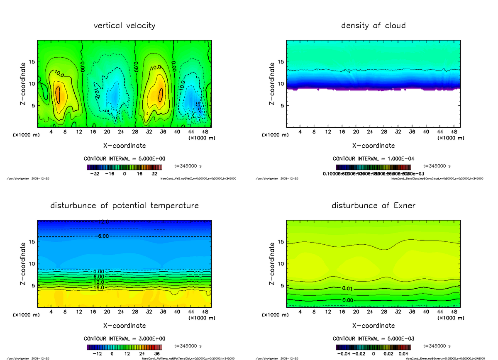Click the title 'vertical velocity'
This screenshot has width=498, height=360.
[124, 26]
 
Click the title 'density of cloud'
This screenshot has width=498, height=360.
[373, 26]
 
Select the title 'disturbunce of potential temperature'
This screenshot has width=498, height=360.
[124, 206]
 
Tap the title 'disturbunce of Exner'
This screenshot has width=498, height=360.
[373, 206]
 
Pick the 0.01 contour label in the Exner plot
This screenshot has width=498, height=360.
[348, 288]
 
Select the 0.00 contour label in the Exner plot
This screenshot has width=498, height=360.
[348, 300]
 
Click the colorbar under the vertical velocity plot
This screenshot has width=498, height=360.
[124, 167]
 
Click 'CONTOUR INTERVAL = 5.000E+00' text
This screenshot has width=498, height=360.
[124, 159]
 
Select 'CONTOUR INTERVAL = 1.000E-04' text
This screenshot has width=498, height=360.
[373, 159]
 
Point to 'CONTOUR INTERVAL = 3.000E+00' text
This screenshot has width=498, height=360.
[124, 338]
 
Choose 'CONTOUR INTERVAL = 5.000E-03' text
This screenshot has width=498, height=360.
[373, 338]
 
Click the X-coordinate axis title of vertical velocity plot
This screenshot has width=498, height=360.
[124, 146]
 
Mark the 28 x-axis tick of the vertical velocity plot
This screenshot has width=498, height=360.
[135, 132]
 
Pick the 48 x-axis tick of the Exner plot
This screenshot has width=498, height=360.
[454, 311]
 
